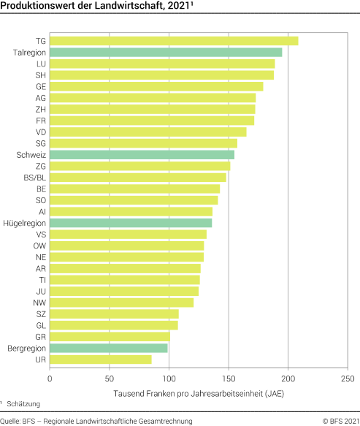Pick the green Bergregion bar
click(108, 348)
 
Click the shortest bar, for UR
click(101, 360)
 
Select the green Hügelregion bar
click(131, 223)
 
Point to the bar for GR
click(110, 336)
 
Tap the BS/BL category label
click(35, 178)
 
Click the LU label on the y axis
click(41, 64)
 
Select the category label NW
click(40, 303)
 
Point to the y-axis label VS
click(41, 235)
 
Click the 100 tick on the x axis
click(169, 379)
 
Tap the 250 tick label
click(348, 379)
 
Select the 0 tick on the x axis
click(50, 379)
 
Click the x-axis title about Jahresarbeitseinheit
click(199, 394)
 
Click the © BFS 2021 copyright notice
click(339, 420)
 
